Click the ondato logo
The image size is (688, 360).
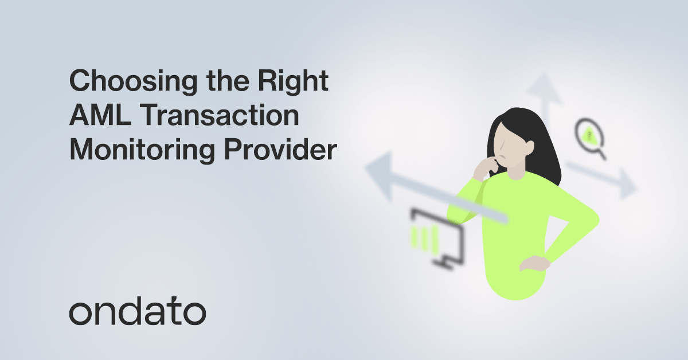[137, 312]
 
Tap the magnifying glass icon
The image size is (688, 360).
[588, 136]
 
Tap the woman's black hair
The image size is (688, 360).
[539, 138]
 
